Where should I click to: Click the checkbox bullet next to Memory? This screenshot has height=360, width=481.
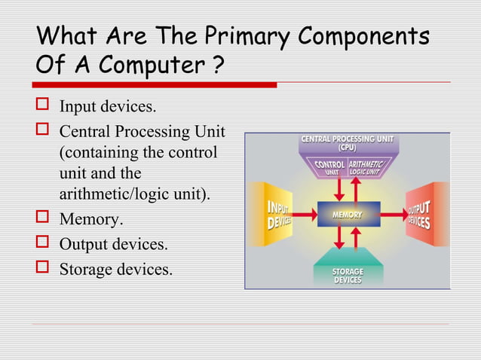(x=42, y=221)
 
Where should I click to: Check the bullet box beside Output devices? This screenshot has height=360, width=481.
(x=42, y=244)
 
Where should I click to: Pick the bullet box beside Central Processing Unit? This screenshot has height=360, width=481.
(x=42, y=132)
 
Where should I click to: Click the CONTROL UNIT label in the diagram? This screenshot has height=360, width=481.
(x=329, y=168)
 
